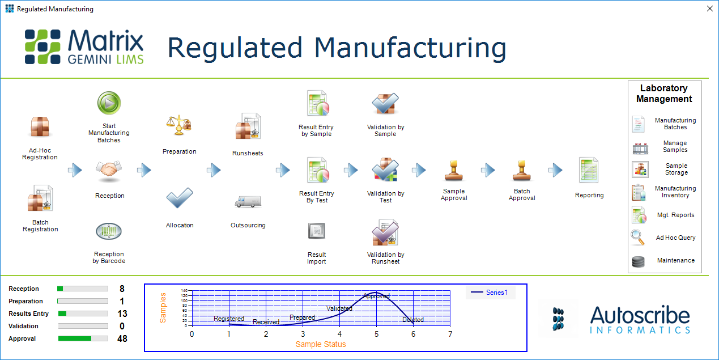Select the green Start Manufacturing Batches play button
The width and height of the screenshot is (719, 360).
109,104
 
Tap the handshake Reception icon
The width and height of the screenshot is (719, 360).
109,170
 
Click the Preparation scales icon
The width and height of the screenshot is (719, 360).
179,125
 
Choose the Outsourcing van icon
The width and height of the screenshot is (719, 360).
248,202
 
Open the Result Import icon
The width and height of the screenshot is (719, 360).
317,231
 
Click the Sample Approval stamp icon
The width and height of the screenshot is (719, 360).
454,170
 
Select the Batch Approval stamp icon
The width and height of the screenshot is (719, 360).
522,170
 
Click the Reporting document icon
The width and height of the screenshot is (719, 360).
589,170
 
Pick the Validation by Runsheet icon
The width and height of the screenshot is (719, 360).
385,233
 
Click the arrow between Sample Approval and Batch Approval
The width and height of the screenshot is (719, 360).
488,170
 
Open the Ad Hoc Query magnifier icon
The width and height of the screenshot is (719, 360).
638,238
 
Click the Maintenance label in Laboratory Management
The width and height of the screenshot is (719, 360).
675,260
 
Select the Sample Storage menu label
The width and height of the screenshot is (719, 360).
676,169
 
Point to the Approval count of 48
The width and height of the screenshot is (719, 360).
122,339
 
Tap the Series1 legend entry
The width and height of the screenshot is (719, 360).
490,293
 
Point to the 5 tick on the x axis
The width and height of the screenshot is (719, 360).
376,334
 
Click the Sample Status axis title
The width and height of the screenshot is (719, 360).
320,344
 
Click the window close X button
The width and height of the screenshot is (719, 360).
709,9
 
